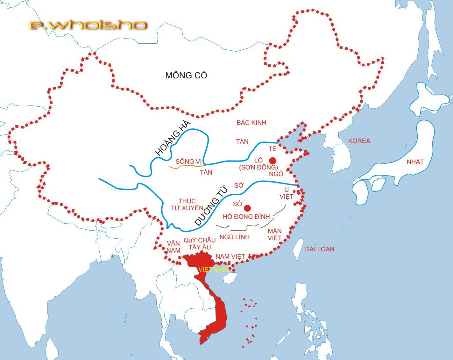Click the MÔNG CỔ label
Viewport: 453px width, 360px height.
click(x=186, y=76)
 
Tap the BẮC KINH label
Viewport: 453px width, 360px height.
click(x=251, y=123)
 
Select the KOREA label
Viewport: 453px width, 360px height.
click(x=359, y=141)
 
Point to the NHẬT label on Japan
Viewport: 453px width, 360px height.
click(x=415, y=162)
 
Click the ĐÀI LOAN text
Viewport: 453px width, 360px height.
click(x=320, y=249)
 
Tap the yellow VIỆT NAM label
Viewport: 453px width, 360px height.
click(x=213, y=270)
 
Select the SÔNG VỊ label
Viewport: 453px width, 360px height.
click(x=189, y=162)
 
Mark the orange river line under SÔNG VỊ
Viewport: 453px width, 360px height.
click(x=185, y=167)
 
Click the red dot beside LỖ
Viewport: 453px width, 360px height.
click(x=273, y=161)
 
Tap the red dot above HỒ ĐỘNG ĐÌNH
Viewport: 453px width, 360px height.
click(x=247, y=208)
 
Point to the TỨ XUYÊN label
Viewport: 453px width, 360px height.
click(x=187, y=208)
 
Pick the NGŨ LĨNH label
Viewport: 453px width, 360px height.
click(x=235, y=237)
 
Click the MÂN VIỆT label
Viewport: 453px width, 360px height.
click(x=274, y=234)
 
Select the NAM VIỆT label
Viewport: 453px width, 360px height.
click(x=230, y=256)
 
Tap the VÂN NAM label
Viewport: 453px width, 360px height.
click(x=173, y=247)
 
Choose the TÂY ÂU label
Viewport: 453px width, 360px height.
click(x=200, y=247)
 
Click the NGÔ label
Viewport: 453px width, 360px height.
click(x=276, y=174)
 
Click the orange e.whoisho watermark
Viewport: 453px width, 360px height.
click(x=88, y=25)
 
